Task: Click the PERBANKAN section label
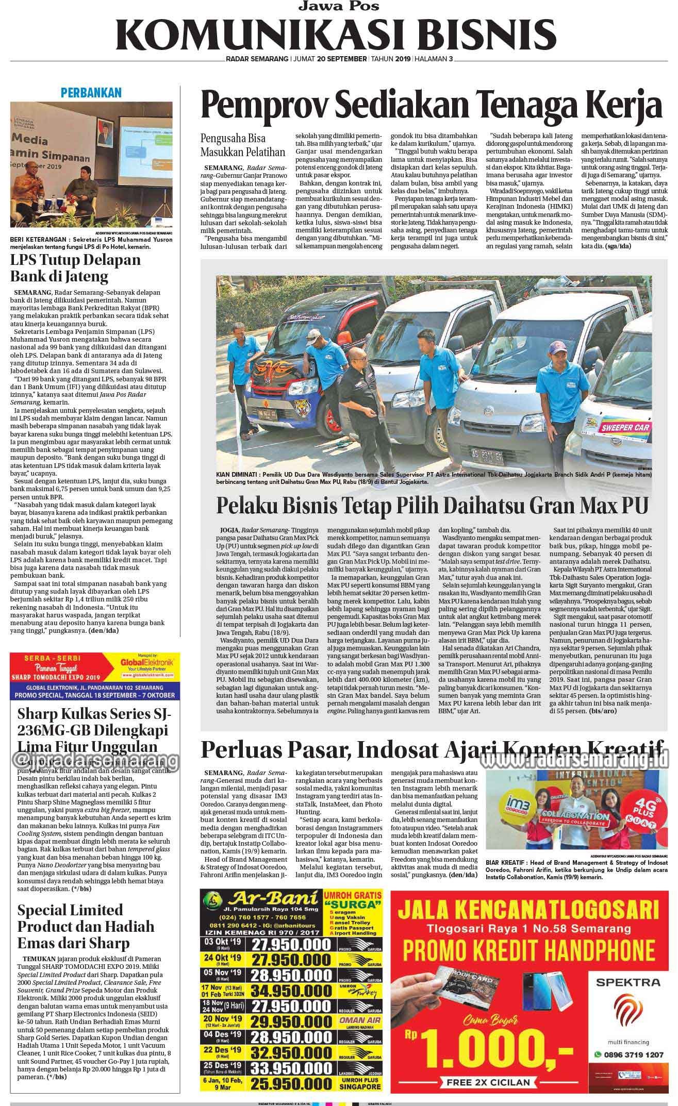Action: coord(91,93)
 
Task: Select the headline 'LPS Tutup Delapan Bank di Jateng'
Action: coord(76,268)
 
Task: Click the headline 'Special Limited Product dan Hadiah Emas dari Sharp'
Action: coord(80,926)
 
